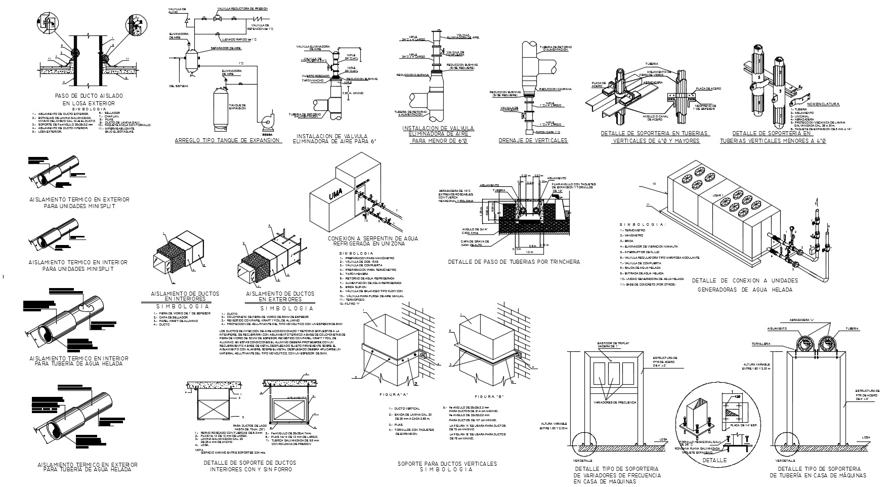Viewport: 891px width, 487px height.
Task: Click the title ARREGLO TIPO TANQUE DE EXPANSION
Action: (x=227, y=141)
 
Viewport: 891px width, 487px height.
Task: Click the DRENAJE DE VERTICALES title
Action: (x=533, y=141)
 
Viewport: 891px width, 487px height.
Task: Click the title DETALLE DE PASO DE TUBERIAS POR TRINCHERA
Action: (x=514, y=262)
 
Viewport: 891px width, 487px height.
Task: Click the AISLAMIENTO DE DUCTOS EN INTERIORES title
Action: (x=185, y=296)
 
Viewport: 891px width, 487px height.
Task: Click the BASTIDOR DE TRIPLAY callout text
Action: (x=612, y=344)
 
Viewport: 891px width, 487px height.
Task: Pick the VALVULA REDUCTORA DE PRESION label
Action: (x=242, y=9)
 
